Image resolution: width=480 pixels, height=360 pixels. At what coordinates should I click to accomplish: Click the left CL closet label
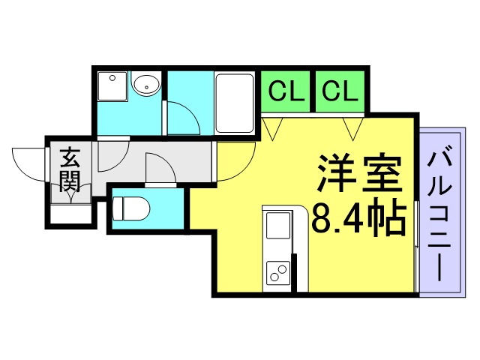pyautogui.click(x=286, y=91)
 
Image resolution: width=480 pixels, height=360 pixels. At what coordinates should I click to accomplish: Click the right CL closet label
pyautogui.click(x=340, y=91)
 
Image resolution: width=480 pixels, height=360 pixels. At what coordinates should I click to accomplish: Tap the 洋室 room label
pyautogui.click(x=360, y=173)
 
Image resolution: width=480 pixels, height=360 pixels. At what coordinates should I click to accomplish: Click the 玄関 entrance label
pyautogui.click(x=70, y=170)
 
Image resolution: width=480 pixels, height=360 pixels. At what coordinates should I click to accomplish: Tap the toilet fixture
pyautogui.click(x=131, y=208)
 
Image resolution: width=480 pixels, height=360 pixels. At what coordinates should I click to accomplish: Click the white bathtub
pyautogui.click(x=235, y=103)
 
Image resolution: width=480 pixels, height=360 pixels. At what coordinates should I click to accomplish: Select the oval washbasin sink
pyautogui.click(x=146, y=84)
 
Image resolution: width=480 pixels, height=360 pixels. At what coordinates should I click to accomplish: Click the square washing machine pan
pyautogui.click(x=112, y=86)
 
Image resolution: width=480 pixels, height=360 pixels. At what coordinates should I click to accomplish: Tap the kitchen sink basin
pyautogui.click(x=278, y=225)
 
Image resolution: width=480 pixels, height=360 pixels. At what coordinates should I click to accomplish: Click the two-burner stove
pyautogui.click(x=278, y=271)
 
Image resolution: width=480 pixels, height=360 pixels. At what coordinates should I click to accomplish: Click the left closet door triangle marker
pyautogui.click(x=272, y=129)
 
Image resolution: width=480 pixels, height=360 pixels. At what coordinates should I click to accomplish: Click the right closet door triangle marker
pyautogui.click(x=353, y=129)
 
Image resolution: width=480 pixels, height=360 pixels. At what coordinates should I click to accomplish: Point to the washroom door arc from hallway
pyautogui.click(x=121, y=161)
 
